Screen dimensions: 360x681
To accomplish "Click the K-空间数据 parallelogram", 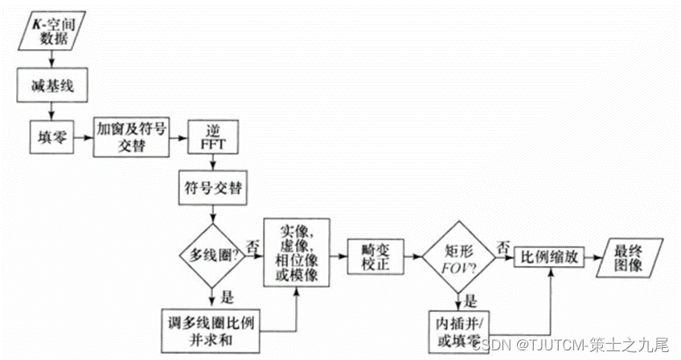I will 51,29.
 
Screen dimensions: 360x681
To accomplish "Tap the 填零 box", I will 51,137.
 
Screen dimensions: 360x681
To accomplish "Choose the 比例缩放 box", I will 552,256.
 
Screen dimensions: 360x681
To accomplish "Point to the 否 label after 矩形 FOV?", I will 502,246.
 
